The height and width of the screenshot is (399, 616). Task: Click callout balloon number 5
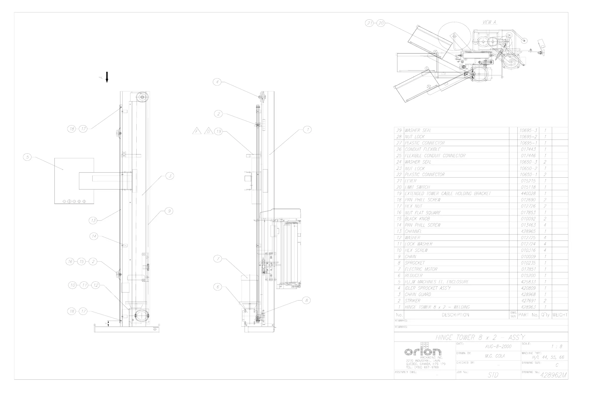pos(27,157)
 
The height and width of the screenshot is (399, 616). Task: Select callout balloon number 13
pos(93,220)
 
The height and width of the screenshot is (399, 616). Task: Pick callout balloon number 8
pos(306,300)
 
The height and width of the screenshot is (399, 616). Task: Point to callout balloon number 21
pos(369,23)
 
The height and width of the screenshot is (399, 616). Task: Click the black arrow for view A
pos(107,77)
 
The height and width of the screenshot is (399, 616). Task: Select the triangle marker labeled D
pos(209,131)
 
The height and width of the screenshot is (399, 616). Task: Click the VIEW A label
pos(489,22)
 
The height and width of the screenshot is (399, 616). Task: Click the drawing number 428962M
pos(553,375)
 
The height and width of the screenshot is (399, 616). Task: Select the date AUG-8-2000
pos(498,346)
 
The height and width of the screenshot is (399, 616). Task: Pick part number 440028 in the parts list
pos(528,193)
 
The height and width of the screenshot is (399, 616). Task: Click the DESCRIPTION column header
pos(455,315)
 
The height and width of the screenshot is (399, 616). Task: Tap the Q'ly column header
pos(545,315)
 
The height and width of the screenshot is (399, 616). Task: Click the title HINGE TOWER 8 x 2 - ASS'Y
pos(480,337)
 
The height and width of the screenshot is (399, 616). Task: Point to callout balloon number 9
pos(169,211)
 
